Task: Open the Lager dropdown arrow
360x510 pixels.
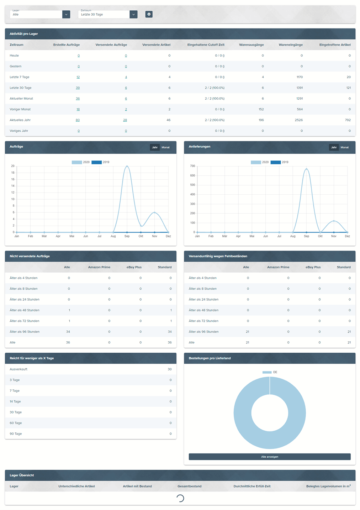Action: (x=66, y=14)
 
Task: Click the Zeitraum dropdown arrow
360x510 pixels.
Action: (x=133, y=14)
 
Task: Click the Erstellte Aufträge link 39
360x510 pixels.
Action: (x=78, y=88)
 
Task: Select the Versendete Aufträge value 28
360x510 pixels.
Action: (x=125, y=120)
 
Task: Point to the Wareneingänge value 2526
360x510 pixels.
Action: (x=298, y=120)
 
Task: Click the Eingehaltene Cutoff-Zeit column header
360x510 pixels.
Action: (x=206, y=44)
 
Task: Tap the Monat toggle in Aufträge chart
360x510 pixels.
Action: (x=165, y=147)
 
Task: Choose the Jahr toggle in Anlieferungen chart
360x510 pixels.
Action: (x=334, y=147)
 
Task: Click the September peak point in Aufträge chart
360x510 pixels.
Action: (x=127, y=166)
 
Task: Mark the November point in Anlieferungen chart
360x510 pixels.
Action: (x=334, y=221)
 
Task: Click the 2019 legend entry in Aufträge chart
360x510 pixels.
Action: (x=100, y=162)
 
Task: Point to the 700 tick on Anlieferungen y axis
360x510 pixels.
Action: (x=192, y=166)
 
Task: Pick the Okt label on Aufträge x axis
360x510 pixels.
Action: (x=141, y=236)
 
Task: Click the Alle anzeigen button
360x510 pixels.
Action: (x=269, y=457)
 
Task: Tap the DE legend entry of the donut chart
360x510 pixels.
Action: (x=270, y=372)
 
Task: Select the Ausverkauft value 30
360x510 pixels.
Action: (x=170, y=369)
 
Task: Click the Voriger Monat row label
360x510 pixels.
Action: (x=20, y=109)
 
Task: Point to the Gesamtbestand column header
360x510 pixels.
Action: (x=189, y=486)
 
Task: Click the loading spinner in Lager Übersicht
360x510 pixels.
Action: (x=180, y=498)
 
